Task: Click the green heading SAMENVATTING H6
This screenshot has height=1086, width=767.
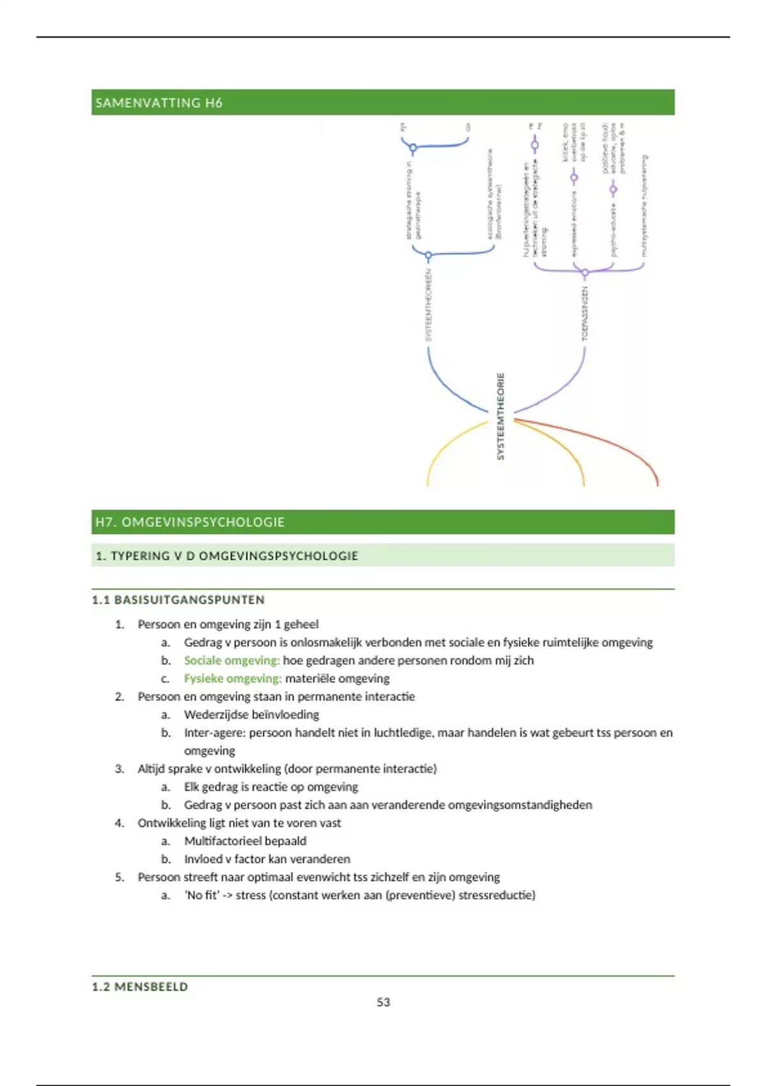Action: tap(159, 103)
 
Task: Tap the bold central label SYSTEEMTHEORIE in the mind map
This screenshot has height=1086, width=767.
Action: tap(500, 417)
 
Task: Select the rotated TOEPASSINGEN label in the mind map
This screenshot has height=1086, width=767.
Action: tap(585, 313)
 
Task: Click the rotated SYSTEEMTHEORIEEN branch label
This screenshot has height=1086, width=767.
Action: tap(429, 305)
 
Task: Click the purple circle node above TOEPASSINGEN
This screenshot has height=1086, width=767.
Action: tap(585, 273)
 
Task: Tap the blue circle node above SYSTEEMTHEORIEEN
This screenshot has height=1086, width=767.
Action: tap(428, 256)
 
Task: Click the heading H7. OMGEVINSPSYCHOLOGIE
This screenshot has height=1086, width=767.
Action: tap(190, 522)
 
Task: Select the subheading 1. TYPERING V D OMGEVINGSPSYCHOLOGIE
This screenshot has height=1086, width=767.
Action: tap(226, 556)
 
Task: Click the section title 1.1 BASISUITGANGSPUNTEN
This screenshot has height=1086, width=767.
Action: tap(178, 600)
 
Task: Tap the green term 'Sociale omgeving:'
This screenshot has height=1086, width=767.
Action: tap(231, 661)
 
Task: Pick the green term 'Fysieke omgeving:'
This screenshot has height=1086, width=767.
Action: tap(233, 678)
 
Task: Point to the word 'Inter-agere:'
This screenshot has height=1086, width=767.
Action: tap(214, 733)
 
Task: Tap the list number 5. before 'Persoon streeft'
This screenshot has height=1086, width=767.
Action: tap(120, 877)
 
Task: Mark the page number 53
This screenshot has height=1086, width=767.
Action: tap(383, 1002)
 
